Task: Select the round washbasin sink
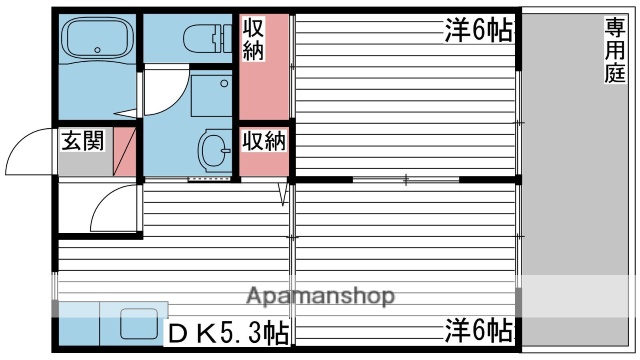(213, 151)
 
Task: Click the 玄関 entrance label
(81, 141)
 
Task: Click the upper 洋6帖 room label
(478, 31)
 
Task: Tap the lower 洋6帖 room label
(478, 328)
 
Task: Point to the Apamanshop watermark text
(319, 296)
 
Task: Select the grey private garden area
(577, 200)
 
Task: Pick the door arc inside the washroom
(160, 95)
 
